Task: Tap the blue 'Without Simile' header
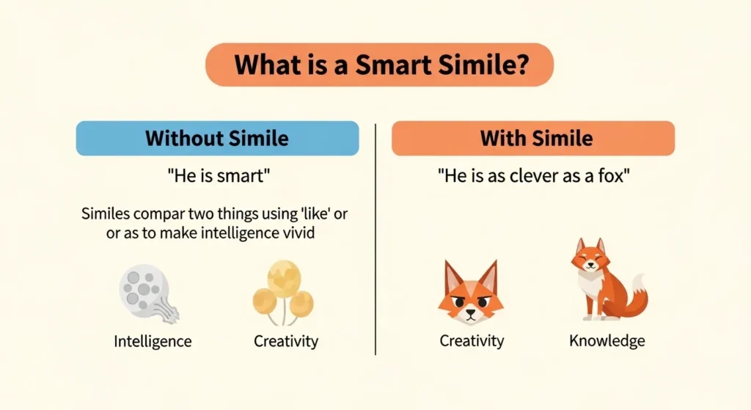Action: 217,139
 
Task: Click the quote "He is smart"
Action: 217,178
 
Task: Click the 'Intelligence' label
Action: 153,341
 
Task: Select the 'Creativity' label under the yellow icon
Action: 286,341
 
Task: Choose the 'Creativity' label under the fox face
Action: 472,341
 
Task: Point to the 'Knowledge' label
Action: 607,341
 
